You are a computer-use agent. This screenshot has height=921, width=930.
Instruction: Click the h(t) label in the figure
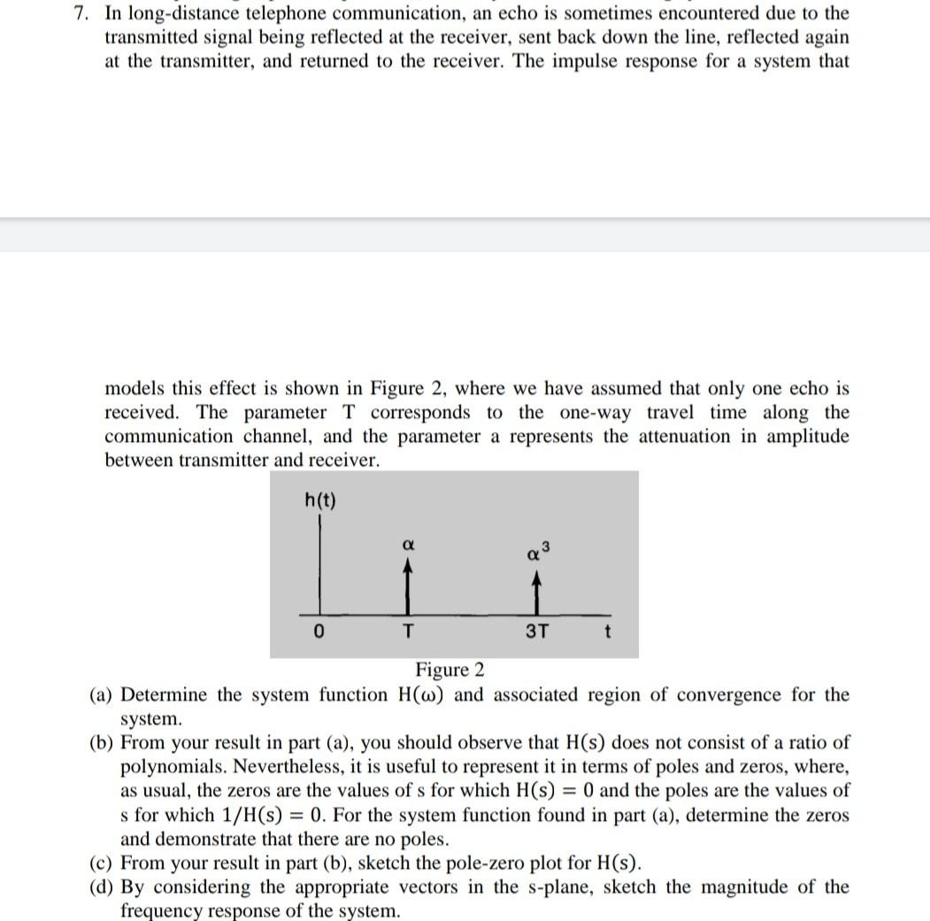[x=319, y=500]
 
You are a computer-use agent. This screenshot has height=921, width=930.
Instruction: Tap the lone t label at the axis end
[x=606, y=633]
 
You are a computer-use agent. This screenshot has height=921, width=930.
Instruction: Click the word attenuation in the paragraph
[x=679, y=437]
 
